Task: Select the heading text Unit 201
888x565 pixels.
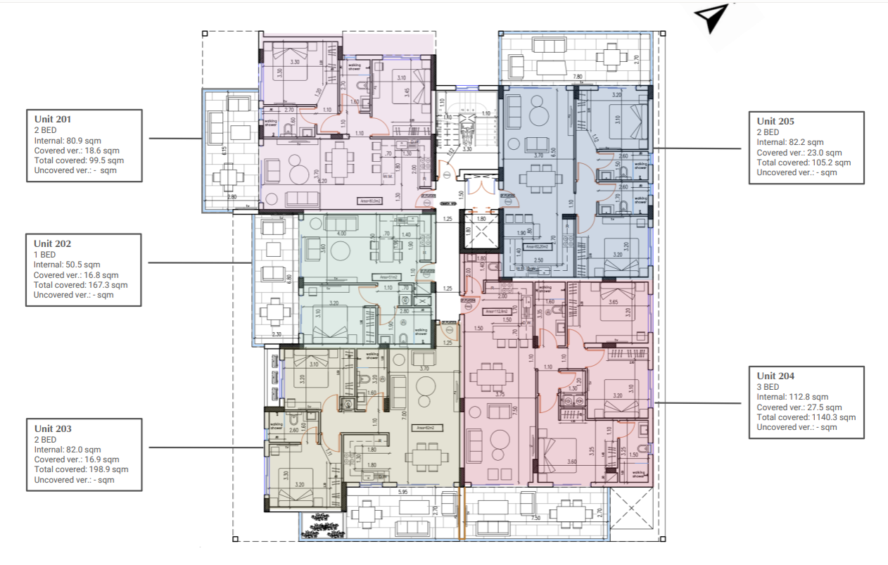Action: click(x=53, y=120)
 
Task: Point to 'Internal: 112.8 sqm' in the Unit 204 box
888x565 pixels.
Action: click(x=792, y=397)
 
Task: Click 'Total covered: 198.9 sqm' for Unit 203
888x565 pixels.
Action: click(x=81, y=469)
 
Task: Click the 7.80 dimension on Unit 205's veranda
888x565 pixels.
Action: click(x=577, y=77)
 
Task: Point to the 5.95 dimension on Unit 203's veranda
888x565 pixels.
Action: click(x=402, y=492)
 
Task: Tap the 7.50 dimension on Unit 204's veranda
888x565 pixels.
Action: click(x=537, y=519)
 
